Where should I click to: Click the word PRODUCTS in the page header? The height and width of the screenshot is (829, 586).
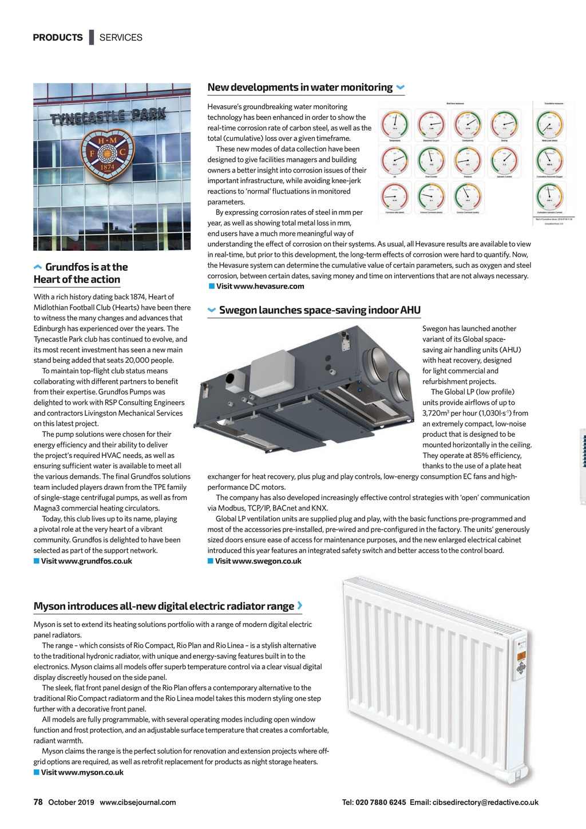[x=58, y=38]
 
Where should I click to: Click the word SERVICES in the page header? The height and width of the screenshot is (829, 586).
[x=121, y=38]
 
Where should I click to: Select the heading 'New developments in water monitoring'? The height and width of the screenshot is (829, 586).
[x=300, y=88]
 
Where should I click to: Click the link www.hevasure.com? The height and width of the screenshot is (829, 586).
[x=260, y=286]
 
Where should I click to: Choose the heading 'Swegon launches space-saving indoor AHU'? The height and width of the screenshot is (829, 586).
[x=319, y=310]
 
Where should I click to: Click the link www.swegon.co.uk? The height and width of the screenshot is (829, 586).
[x=258, y=561]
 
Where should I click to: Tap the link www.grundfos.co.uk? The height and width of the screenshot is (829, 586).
[x=86, y=561]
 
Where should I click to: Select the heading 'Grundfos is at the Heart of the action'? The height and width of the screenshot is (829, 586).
[x=80, y=273]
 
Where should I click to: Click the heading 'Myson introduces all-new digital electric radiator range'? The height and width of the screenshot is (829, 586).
[x=164, y=606]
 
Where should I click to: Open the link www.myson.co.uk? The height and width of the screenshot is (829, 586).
[x=82, y=772]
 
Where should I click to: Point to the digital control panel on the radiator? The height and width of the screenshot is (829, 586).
[x=520, y=659]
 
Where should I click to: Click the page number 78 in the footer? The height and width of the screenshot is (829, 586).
[x=38, y=802]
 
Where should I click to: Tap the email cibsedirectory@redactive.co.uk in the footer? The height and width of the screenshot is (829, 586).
[x=485, y=802]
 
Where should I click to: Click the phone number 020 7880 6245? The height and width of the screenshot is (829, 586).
[x=381, y=802]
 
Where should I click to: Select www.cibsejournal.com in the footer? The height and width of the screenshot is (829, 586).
[x=138, y=802]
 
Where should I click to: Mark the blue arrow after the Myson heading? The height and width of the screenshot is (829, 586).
[x=300, y=605]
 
